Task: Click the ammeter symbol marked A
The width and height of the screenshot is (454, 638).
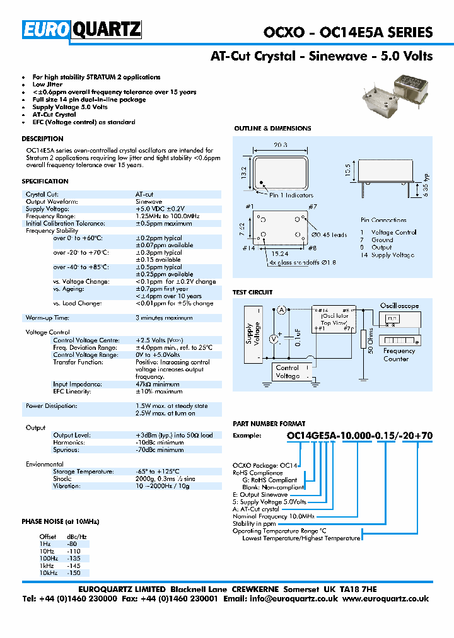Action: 282,308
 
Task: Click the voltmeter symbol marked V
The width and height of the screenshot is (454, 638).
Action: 274,339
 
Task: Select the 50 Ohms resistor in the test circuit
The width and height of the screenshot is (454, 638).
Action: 363,341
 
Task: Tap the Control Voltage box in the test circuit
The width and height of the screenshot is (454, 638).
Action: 288,372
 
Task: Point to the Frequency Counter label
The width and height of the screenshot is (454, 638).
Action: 399,355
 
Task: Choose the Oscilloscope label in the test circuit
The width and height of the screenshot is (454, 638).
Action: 399,306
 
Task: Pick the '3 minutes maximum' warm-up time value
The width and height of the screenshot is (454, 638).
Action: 164,318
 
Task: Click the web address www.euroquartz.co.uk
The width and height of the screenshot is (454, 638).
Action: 386,599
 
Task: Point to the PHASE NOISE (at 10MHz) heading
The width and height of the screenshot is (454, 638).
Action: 61,522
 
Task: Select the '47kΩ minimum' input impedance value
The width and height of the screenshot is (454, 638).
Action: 157,384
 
